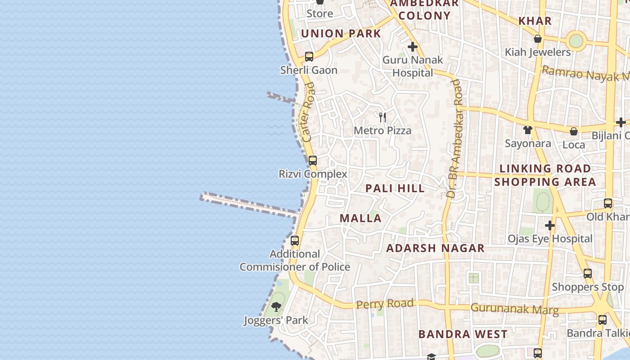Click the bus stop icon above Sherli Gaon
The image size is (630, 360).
(x=309, y=57)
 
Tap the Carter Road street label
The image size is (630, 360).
(x=309, y=112)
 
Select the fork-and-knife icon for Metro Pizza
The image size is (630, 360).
(x=382, y=117)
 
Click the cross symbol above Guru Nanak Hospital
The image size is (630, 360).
(x=412, y=47)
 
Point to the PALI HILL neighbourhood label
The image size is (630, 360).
(x=395, y=188)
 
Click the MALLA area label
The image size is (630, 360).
(x=360, y=218)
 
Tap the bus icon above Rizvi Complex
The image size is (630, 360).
(x=313, y=161)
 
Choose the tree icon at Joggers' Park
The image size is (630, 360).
(x=276, y=307)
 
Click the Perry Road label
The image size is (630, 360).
(x=385, y=304)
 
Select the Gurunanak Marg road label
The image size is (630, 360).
(x=514, y=309)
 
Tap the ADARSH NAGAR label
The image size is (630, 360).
(x=435, y=248)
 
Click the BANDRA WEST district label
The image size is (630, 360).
(x=463, y=334)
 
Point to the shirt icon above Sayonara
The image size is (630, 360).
(x=527, y=130)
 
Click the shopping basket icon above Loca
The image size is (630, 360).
(x=574, y=131)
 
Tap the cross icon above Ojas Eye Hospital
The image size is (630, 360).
(x=549, y=225)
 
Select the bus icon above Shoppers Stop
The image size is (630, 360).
(x=588, y=273)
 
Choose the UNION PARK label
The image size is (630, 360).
(x=341, y=33)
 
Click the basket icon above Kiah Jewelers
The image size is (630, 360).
(x=537, y=39)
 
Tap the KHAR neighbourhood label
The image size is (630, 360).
(x=535, y=21)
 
